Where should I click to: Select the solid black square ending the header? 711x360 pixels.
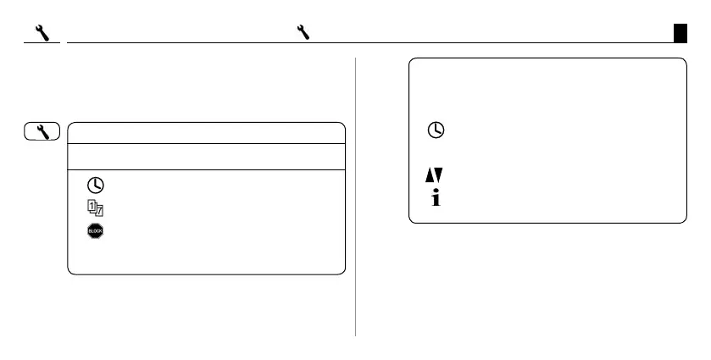[680, 32]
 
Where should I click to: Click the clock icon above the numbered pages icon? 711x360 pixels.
[98, 185]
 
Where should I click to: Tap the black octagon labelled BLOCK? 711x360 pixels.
[96, 230]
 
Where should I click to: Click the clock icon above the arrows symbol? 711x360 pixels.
[435, 130]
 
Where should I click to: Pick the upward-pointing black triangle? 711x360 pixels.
[428, 175]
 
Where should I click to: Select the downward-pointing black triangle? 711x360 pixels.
[437, 175]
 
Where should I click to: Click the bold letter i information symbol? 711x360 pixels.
[435, 199]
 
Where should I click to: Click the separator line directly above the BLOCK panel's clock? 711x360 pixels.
[206, 169]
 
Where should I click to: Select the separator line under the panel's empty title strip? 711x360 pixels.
[206, 144]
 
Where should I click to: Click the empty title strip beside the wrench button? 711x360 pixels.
[206, 133]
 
